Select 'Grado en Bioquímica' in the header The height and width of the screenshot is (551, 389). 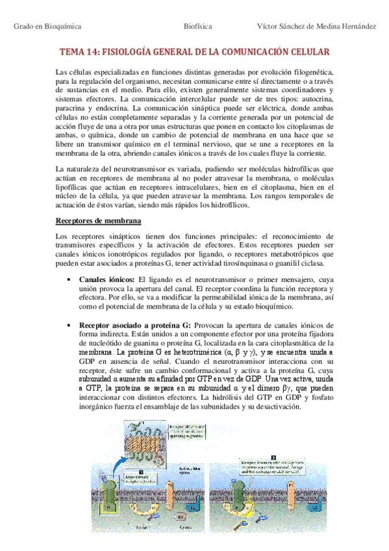pos(47,26)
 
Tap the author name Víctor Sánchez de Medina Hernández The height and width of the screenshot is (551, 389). pos(316,26)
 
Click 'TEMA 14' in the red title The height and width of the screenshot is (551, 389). pos(77,51)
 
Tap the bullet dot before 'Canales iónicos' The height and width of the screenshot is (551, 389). pos(69,279)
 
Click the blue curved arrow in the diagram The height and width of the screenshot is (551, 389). pos(124,454)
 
